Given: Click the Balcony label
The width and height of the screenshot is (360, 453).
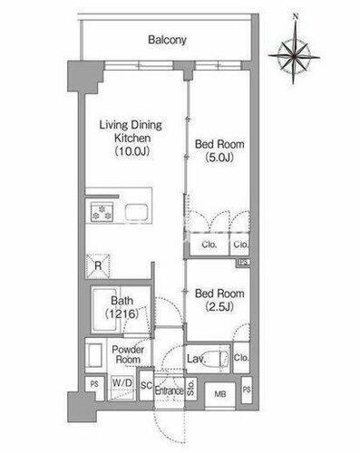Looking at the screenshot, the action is [x=167, y=40].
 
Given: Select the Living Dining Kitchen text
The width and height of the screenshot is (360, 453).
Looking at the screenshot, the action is [x=131, y=131].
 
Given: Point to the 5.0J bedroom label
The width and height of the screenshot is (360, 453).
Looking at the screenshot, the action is [x=219, y=150].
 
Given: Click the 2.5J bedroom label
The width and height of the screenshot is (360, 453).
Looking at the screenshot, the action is [x=219, y=300].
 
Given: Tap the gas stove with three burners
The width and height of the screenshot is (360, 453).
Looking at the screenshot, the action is [x=102, y=211].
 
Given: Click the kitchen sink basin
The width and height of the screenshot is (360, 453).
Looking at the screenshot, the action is [x=137, y=213].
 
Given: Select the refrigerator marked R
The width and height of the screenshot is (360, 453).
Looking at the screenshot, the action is [x=98, y=266].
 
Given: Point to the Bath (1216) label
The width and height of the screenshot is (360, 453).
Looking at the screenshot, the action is [x=122, y=307].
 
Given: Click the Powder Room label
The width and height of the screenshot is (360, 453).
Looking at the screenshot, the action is [x=128, y=354].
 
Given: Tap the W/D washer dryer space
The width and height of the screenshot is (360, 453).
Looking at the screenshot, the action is [x=122, y=388].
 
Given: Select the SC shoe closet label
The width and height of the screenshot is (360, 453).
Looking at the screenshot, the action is [x=146, y=385].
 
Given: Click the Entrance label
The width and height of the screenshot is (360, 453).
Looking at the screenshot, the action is [x=170, y=390].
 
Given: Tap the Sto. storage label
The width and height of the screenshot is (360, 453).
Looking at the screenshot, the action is [x=190, y=388].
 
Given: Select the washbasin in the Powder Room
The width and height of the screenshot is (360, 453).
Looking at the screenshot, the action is [x=93, y=355].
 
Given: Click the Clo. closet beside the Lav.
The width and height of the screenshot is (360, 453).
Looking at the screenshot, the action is [x=241, y=358].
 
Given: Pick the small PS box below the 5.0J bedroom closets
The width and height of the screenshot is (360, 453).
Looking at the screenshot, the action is [x=243, y=262].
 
